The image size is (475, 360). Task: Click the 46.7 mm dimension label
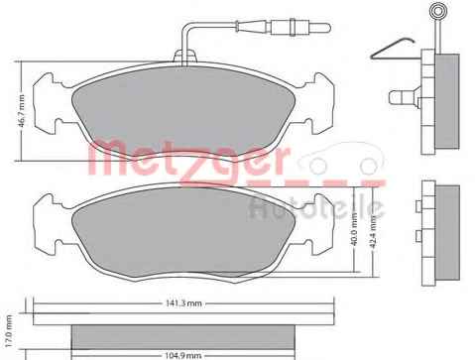(22, 111)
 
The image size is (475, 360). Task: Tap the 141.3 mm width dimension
(183, 303)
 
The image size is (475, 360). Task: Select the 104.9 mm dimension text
(182, 356)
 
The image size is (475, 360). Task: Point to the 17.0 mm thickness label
(9, 330)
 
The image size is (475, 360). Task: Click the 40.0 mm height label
(354, 229)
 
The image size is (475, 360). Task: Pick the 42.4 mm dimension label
(373, 233)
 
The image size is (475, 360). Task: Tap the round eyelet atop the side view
(437, 12)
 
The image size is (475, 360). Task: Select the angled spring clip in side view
(392, 49)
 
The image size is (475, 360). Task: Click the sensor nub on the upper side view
(405, 97)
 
